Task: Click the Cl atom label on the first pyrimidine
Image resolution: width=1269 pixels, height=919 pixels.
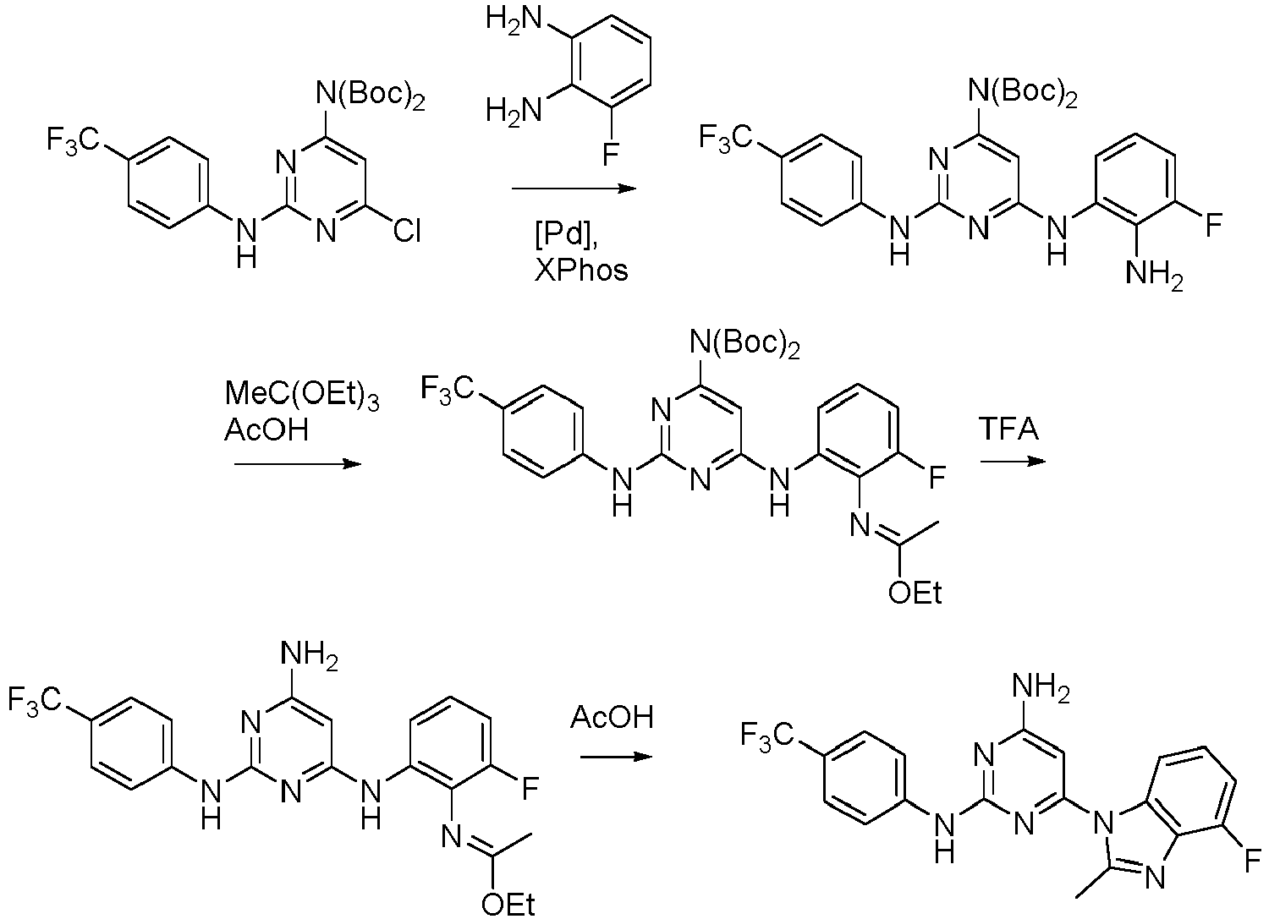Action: pyautogui.click(x=407, y=231)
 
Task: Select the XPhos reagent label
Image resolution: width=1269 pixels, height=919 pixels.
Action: pyautogui.click(x=580, y=271)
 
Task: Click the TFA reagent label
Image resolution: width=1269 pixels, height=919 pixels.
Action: pyautogui.click(x=1009, y=428)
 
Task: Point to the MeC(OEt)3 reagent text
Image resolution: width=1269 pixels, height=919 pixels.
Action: pyautogui.click(x=302, y=393)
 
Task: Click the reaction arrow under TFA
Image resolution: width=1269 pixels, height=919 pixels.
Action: pyautogui.click(x=1013, y=461)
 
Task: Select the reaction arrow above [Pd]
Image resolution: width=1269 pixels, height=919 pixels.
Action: pyautogui.click(x=574, y=188)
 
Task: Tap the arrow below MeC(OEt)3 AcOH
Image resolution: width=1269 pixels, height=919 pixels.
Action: pyautogui.click(x=298, y=464)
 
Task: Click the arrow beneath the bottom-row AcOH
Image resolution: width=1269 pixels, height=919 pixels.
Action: pyautogui.click(x=616, y=758)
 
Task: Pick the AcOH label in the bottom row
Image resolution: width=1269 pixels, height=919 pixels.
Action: pyautogui.click(x=612, y=717)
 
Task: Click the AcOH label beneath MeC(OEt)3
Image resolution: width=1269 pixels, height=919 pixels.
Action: pyautogui.click(x=266, y=429)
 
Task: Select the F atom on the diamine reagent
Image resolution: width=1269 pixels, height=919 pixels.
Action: pyautogui.click(x=610, y=153)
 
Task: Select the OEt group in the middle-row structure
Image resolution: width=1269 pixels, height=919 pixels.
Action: pyautogui.click(x=915, y=593)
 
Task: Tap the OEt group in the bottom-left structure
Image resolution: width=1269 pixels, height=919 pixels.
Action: pyautogui.click(x=507, y=905)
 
